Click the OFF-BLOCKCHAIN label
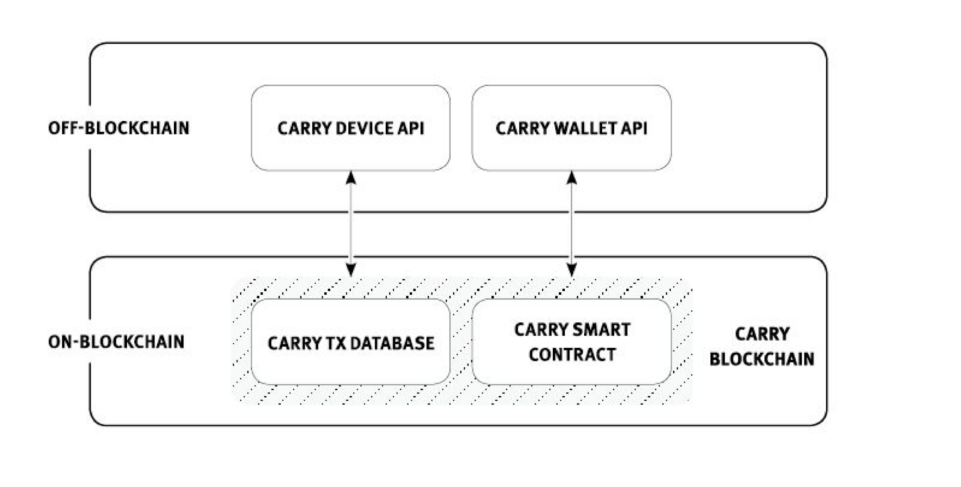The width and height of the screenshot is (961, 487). click(118, 128)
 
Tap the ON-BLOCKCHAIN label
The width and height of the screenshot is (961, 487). click(116, 342)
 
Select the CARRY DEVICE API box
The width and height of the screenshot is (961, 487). click(351, 128)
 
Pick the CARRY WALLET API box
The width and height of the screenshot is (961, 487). click(571, 128)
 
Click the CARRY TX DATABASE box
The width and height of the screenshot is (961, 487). click(351, 342)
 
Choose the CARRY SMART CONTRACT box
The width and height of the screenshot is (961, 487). click(571, 342)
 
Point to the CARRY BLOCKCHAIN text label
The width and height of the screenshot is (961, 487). click(762, 346)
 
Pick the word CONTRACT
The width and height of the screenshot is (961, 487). click(572, 355)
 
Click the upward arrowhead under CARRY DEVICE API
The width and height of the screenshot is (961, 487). click(351, 178)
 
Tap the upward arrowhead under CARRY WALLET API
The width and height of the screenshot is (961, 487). click(572, 178)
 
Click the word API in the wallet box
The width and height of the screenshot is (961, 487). click(635, 129)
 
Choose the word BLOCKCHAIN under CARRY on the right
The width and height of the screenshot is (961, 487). click(762, 359)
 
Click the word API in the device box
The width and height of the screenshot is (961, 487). click(411, 129)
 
